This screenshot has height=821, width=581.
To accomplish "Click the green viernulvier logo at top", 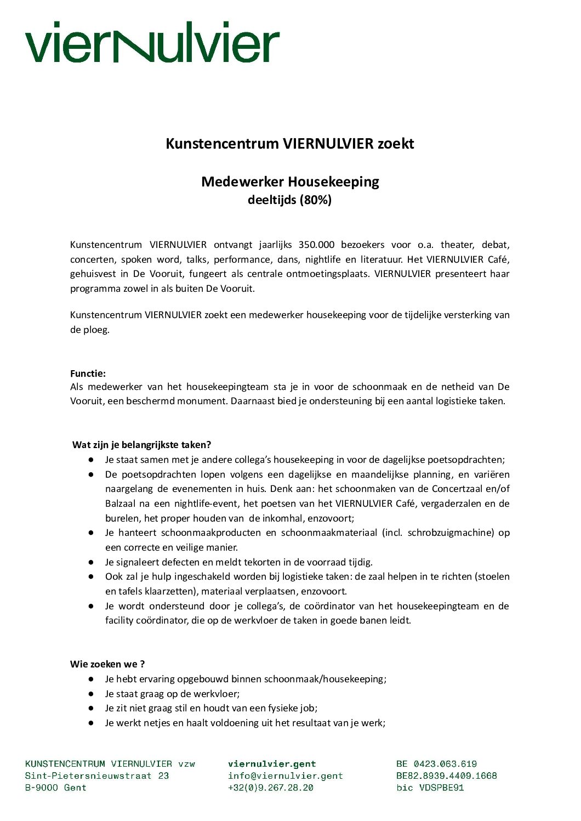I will [x=152, y=42].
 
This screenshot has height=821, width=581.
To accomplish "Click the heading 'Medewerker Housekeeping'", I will [x=290, y=182].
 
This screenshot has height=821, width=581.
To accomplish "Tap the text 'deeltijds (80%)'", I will [x=289, y=200].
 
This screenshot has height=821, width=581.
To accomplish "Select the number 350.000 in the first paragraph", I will [x=316, y=245].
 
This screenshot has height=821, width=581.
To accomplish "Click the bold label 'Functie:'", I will [x=88, y=373].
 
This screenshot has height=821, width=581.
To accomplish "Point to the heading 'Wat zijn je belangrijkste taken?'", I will [x=141, y=445].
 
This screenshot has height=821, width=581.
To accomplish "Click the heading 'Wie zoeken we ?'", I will [x=107, y=664].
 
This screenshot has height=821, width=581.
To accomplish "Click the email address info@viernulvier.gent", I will [x=285, y=776].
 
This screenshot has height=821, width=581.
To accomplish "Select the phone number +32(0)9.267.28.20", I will [x=271, y=788].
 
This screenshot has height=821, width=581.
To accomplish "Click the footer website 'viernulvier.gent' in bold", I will [x=272, y=764].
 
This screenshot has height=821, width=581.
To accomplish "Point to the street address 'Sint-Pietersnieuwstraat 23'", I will [x=97, y=776].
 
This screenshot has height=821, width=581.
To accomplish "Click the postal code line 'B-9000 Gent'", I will [x=55, y=788].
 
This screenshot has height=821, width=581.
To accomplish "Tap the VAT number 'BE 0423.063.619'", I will [x=436, y=764].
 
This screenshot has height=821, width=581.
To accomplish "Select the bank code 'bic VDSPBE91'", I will [x=430, y=788].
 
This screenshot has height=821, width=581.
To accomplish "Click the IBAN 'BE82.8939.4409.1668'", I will [x=447, y=776].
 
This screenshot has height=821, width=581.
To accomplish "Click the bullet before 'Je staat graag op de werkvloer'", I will [x=91, y=694].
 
